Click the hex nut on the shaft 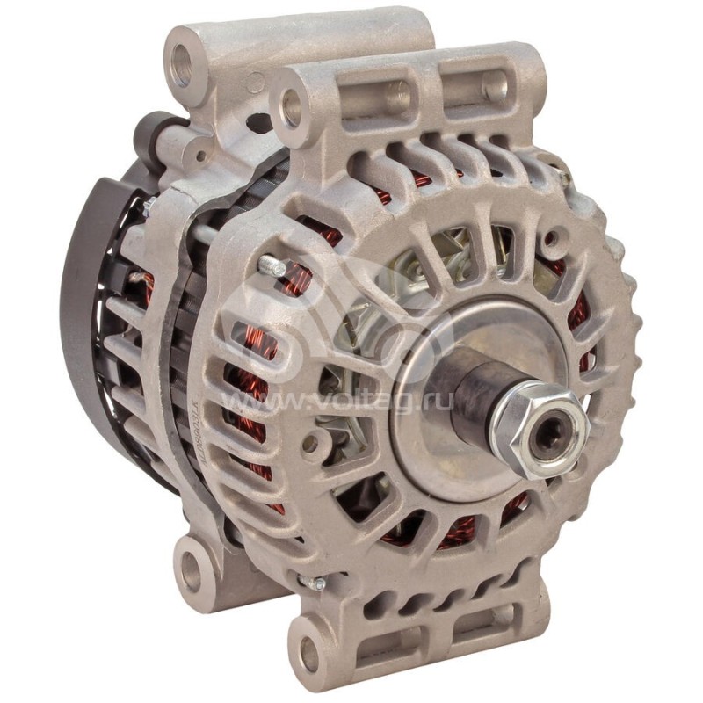click(537, 429)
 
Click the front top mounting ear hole click(290, 109)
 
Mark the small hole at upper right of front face click(551, 238)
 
